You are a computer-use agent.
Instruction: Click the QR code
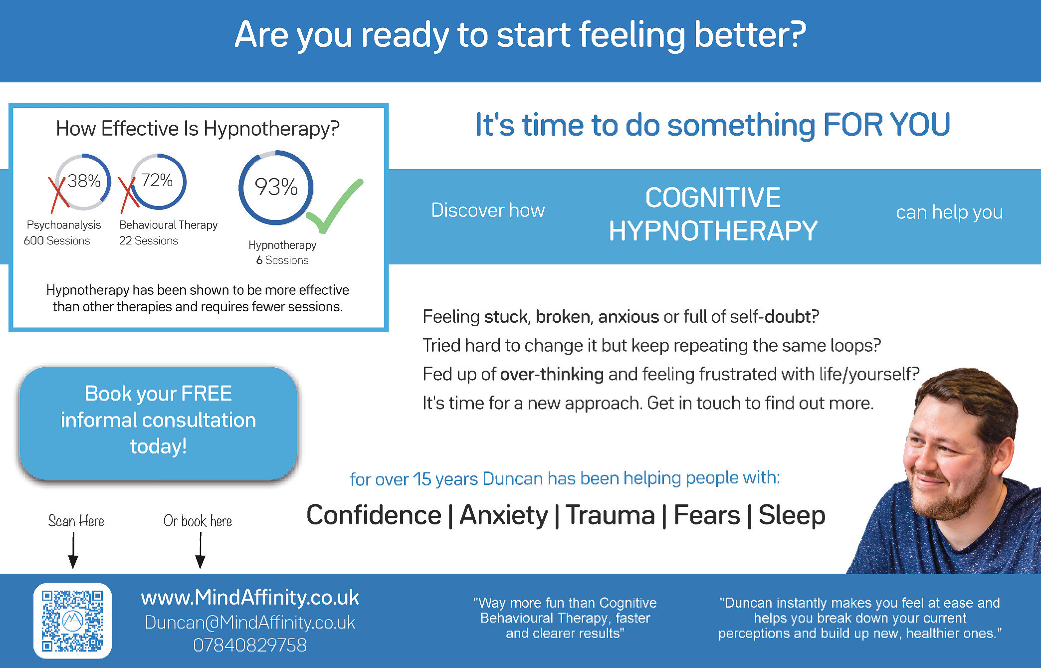point(73,621)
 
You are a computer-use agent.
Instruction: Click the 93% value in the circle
point(276,187)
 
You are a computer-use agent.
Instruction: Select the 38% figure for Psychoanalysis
point(84,181)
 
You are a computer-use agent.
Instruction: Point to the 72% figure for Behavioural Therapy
point(157,180)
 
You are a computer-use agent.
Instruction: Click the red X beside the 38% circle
point(58,195)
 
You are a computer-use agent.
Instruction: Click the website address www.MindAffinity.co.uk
point(250,598)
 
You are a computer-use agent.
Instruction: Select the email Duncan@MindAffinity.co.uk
point(250,623)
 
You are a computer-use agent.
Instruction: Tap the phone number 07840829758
point(250,645)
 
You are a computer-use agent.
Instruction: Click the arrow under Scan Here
point(73,550)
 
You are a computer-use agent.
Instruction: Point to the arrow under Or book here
point(201,550)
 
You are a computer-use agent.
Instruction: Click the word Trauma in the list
point(610,515)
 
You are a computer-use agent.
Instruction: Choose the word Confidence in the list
point(374,515)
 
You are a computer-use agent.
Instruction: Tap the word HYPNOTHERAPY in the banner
point(713,231)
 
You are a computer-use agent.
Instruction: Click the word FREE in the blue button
point(207,394)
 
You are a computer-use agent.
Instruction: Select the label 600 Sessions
point(57,240)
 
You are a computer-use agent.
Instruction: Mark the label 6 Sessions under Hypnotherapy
point(282,260)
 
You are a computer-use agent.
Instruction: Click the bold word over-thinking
point(552,374)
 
